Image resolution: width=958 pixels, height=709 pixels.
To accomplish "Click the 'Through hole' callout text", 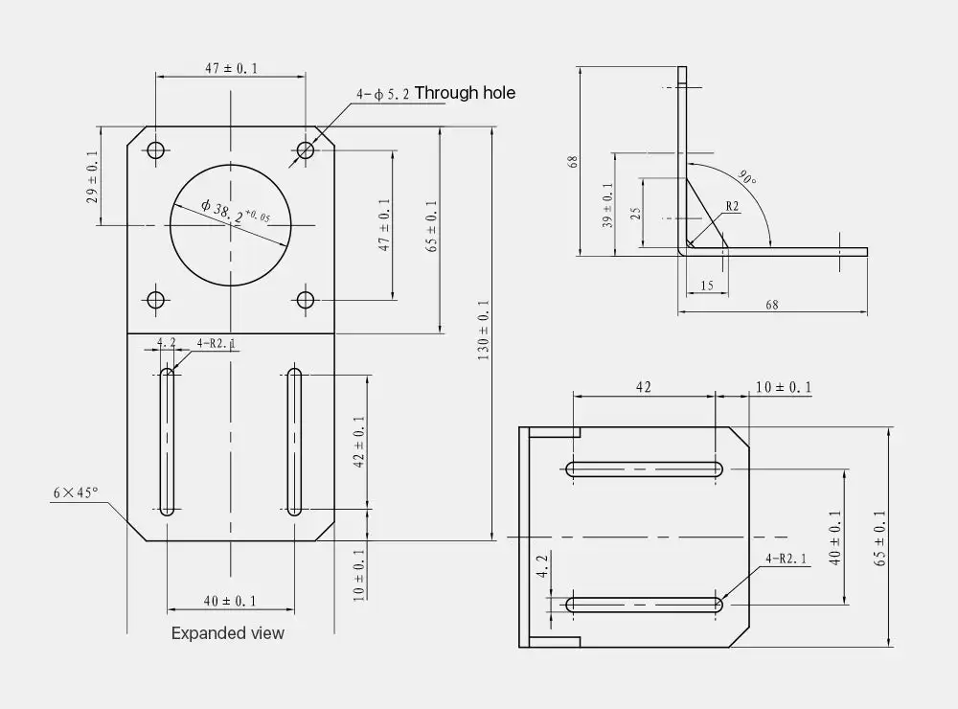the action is [x=465, y=93].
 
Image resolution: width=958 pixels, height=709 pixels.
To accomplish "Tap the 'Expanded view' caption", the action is [x=227, y=633].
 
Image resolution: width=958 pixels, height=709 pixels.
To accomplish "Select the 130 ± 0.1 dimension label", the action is [x=483, y=330].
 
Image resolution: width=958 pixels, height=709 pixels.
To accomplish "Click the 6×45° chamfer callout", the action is [x=75, y=492].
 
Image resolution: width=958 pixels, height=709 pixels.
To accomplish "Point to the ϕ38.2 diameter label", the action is [x=236, y=212].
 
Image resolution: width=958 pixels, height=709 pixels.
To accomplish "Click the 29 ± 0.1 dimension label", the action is [x=92, y=177].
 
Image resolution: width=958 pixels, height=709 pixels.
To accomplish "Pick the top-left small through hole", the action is [x=156, y=149].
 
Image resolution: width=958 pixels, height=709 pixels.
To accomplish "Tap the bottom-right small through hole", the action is [x=305, y=300].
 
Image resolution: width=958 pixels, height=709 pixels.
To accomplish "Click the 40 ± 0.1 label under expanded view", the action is [x=230, y=602].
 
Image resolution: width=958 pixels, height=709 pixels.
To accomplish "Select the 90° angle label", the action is [x=747, y=177].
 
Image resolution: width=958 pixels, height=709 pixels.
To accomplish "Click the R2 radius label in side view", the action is [x=732, y=206].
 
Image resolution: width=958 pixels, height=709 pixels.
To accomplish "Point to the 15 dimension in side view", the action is [x=707, y=286].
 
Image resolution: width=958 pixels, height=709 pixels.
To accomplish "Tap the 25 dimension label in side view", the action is [x=635, y=214].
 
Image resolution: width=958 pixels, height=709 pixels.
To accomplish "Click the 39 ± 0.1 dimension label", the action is [x=607, y=205].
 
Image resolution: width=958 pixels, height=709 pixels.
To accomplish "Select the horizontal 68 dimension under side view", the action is [x=771, y=305].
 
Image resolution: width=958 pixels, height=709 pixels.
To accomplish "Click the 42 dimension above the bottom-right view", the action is [x=644, y=387].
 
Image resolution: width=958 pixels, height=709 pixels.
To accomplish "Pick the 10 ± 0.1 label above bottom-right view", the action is [x=784, y=387].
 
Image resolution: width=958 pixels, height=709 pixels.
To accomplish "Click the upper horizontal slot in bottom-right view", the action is [x=644, y=469].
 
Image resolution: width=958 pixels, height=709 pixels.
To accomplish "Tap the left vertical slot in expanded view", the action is [x=167, y=442].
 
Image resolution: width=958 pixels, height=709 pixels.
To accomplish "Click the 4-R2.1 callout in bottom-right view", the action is [x=786, y=558].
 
